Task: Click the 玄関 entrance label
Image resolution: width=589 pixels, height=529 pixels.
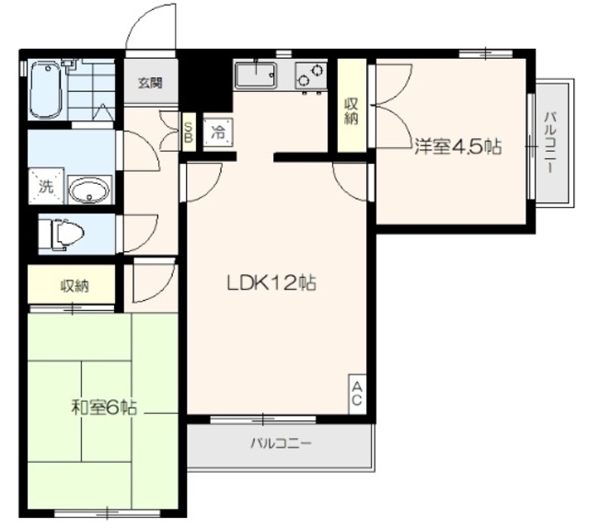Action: (x=150, y=83)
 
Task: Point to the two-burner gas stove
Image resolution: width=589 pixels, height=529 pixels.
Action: (x=311, y=76)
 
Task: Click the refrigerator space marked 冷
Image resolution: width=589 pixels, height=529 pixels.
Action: (x=218, y=132)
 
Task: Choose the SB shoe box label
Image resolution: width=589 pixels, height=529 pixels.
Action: (x=188, y=132)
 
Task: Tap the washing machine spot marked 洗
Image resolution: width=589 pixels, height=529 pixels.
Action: (x=47, y=187)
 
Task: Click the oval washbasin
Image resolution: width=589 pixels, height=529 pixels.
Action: (x=90, y=190)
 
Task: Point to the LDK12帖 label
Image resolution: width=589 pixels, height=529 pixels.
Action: (x=271, y=283)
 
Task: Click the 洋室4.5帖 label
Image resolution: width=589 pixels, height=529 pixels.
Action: (x=458, y=147)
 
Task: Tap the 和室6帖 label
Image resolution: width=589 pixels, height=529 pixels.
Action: (x=104, y=407)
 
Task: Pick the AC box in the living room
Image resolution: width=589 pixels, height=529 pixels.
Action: (x=357, y=394)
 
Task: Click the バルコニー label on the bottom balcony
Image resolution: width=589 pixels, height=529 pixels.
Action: (x=281, y=443)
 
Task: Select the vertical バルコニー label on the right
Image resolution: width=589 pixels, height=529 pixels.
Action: (x=550, y=142)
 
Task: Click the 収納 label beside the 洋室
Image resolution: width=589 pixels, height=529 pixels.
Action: (x=352, y=111)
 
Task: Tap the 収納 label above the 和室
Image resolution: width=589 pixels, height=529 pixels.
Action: (x=75, y=286)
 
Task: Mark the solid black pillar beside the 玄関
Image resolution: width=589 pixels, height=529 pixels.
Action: (x=205, y=81)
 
